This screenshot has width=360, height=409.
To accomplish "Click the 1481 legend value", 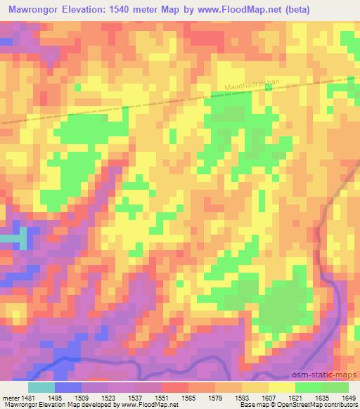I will pos(28,398).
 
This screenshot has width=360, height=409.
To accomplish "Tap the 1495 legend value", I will pos(55,398).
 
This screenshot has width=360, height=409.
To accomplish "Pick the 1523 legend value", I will pos(108,398).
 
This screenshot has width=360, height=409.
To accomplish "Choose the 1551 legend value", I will pos(162,398).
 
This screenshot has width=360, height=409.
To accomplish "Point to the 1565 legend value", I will pos(188,398).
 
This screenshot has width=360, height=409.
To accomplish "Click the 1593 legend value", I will pos(242,398).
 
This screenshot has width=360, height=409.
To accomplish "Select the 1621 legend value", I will pos(295,398).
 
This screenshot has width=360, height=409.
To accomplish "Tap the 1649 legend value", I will pos(349,398).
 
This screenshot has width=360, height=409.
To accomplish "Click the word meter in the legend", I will pos(10,398).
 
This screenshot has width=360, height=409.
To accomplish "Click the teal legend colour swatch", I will pos(41,387).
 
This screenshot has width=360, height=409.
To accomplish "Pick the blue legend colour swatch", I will pos(68,387).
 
